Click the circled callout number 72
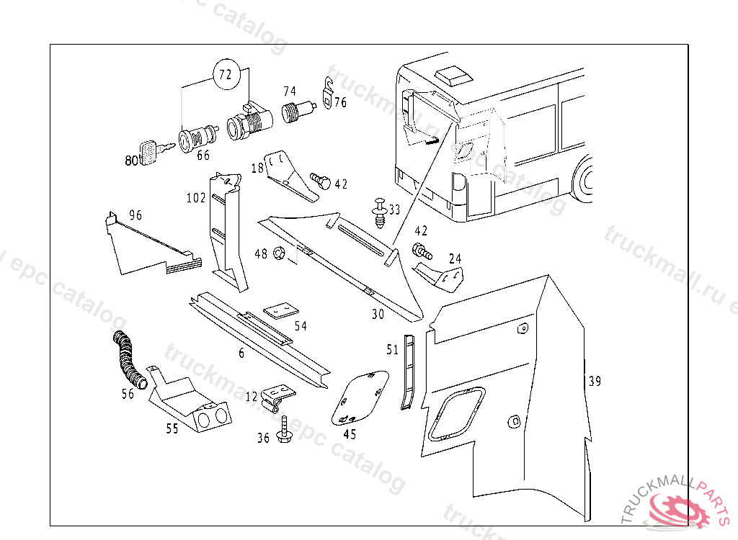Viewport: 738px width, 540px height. click(226, 75)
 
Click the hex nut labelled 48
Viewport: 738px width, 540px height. click(282, 253)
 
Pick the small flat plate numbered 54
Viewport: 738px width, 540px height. click(280, 310)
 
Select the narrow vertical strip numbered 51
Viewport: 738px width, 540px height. click(409, 372)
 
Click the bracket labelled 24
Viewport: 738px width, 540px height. click(440, 276)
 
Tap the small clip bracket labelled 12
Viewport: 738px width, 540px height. click(277, 396)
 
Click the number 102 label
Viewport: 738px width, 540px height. click(195, 198)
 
